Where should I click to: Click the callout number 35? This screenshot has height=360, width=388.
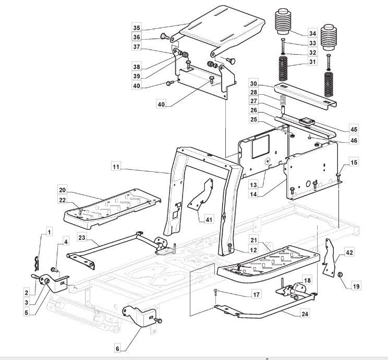pos(137,27)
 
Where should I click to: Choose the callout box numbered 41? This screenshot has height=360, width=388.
pos(209,219)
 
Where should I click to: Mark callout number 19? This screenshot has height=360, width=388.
pos(356,286)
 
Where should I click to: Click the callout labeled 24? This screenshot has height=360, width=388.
pos(304,314)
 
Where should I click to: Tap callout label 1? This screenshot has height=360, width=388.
pos(50,230)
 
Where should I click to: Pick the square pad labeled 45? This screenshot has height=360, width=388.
pos(306,121)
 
